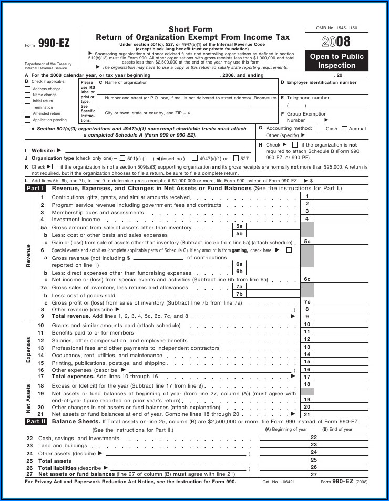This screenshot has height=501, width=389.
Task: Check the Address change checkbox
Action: [x=28, y=89]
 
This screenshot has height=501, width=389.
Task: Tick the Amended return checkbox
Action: [x=28, y=113]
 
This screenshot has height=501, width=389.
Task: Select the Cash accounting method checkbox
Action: [x=322, y=129]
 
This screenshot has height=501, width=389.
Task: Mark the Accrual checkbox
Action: [x=345, y=129]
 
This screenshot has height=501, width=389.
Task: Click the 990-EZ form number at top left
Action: [x=54, y=44]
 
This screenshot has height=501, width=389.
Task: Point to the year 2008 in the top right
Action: [x=336, y=42]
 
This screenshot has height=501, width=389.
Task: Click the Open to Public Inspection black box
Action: [x=336, y=61]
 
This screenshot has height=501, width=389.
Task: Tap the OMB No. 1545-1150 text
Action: [x=336, y=27]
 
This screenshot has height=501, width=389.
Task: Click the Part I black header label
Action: [x=36, y=188]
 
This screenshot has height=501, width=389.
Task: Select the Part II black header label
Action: [x=36, y=421]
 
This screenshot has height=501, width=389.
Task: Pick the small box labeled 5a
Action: [x=239, y=226]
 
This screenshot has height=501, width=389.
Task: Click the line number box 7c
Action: [x=307, y=302]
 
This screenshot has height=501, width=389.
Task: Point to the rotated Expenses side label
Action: [x=28, y=350]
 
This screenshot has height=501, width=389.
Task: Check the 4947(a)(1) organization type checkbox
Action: [x=195, y=158]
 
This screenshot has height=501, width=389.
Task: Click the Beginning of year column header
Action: [x=286, y=429]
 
